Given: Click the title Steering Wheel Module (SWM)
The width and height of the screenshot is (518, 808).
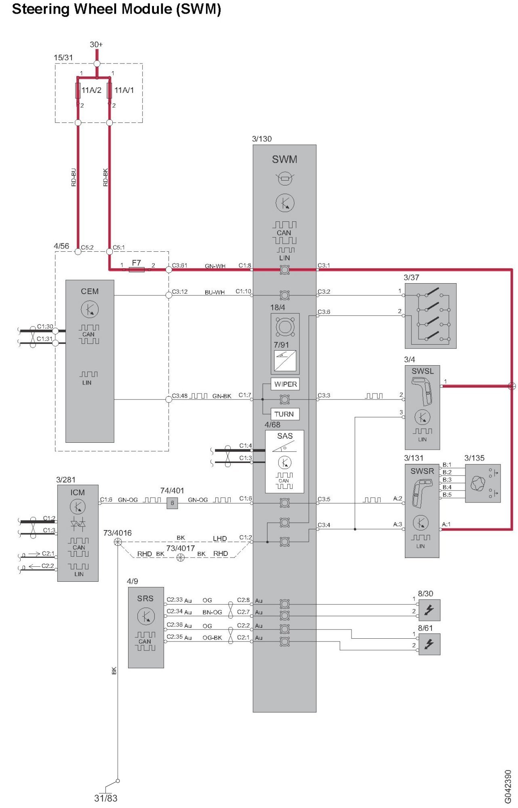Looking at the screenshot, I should [x=116, y=9].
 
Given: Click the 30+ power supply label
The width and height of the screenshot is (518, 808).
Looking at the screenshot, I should [x=96, y=44].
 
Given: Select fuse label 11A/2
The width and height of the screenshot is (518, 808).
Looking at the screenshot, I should [x=91, y=90].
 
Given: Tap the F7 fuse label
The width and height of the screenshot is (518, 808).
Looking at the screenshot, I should [x=137, y=263].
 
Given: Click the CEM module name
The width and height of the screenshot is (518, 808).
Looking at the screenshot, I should [x=90, y=291].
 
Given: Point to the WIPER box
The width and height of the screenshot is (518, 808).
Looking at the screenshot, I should [x=285, y=384].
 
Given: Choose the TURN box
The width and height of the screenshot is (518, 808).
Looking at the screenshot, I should [x=284, y=414].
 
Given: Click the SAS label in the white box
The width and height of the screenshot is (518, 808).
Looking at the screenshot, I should [x=285, y=436].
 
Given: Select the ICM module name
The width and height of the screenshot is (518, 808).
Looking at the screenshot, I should [x=78, y=492].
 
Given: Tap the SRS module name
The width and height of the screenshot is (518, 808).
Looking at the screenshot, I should [x=145, y=598].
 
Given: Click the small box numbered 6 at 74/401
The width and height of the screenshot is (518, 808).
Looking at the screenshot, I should [x=172, y=503].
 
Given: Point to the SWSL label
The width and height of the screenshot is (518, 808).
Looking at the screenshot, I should [x=423, y=371].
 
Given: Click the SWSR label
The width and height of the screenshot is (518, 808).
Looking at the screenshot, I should [x=422, y=471].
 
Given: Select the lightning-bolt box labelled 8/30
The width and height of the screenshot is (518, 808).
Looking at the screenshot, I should [x=429, y=610].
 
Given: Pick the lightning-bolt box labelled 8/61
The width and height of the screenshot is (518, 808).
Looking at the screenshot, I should [x=429, y=644].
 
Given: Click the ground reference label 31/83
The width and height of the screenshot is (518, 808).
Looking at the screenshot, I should [x=106, y=798].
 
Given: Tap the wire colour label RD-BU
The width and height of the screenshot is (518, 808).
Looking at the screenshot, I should [x=74, y=177].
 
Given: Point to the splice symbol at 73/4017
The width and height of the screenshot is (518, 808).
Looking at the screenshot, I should [x=181, y=558].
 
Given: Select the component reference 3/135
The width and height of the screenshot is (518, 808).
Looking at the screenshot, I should [x=474, y=458].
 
